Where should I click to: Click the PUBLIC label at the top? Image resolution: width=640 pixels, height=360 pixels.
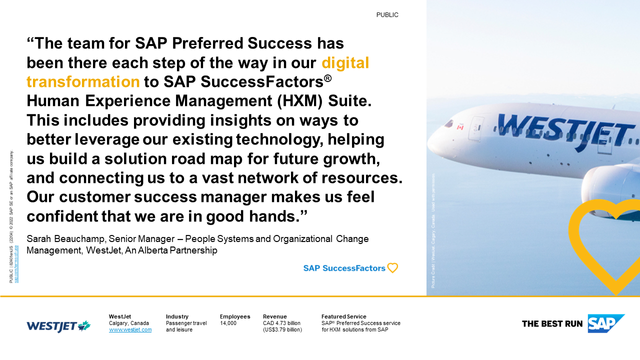pos(387,15)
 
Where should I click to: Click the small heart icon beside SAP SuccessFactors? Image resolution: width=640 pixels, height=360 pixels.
pos(392,268)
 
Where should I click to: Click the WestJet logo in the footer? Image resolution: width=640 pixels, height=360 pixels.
pos(57,324)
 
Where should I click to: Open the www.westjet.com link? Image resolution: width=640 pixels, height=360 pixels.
pos(130,329)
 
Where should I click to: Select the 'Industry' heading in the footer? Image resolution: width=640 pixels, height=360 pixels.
pos(177,315)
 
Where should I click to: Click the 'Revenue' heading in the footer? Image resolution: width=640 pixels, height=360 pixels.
pos(275,315)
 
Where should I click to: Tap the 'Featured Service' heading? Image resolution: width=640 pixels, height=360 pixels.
pos(343,315)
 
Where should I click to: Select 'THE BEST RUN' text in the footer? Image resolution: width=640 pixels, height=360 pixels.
pos(552,324)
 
